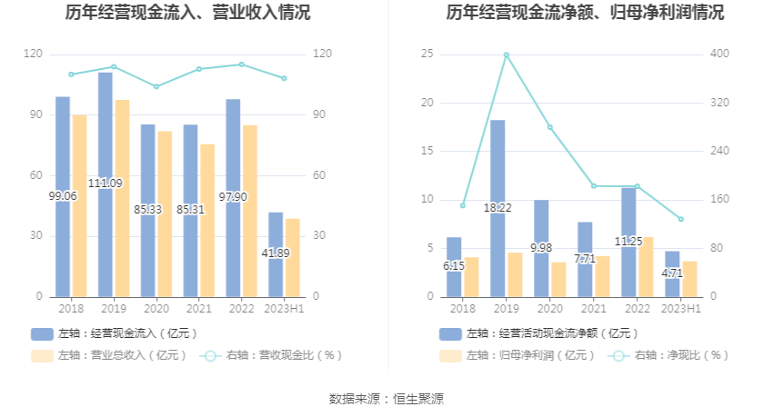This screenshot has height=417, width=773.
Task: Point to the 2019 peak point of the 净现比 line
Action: pyautogui.click(x=506, y=55)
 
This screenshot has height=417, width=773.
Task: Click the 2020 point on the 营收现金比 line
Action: pyautogui.click(x=156, y=87)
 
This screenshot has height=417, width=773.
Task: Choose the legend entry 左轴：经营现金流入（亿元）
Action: pyautogui.click(x=115, y=333)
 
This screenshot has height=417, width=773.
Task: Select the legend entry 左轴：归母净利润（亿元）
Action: pyautogui.click(x=509, y=355)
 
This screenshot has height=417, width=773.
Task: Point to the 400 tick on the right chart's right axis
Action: pyautogui.click(x=719, y=55)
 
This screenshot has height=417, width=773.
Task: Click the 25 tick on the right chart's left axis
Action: pyautogui.click(x=427, y=55)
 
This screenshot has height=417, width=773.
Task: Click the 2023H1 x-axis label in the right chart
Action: pyautogui.click(x=680, y=310)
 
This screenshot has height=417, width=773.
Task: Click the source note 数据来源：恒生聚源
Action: pyautogui.click(x=386, y=399)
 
